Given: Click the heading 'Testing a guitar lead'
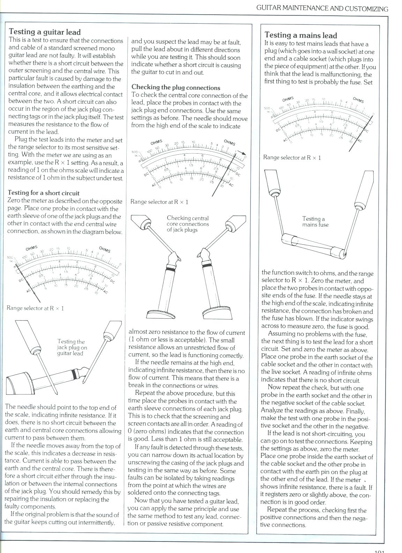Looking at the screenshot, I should [x=45, y=32].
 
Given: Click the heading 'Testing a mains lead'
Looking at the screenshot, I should [x=300, y=35].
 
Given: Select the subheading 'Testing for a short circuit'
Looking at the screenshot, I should [x=44, y=193].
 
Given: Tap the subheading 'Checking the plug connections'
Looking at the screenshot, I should [x=176, y=87].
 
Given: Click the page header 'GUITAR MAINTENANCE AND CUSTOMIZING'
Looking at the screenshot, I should [x=322, y=9].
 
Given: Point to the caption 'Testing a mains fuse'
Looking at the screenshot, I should [x=315, y=222].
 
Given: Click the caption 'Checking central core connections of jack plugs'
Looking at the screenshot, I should [x=187, y=224].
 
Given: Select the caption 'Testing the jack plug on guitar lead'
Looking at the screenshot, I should [x=72, y=347].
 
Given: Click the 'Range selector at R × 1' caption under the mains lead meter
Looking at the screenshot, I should [x=292, y=157].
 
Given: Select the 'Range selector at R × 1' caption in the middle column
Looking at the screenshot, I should [x=159, y=202].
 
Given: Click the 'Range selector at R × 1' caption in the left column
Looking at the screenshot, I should [x=35, y=308].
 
